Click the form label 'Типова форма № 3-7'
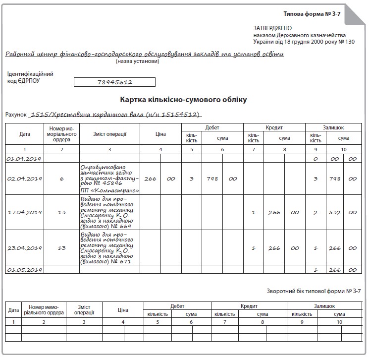312,14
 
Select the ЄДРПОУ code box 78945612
114,82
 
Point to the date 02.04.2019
24,179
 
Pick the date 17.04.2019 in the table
24,212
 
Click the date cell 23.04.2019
24,248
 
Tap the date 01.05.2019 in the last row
24,270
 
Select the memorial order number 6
62,179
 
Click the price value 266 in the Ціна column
150,179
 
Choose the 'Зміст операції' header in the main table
109,134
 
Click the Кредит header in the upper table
274,127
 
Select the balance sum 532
335,212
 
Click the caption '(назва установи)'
138,61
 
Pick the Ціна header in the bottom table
123,310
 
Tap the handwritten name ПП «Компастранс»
110,190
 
